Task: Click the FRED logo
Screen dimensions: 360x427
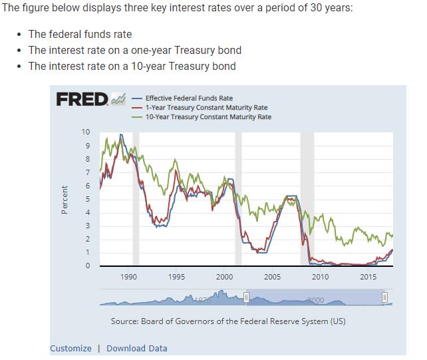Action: pyautogui.click(x=82, y=100)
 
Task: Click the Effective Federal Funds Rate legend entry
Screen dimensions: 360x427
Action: pyautogui.click(x=189, y=98)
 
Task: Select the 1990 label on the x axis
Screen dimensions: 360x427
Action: pyautogui.click(x=129, y=277)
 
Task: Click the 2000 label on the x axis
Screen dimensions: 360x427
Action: pyautogui.click(x=225, y=277)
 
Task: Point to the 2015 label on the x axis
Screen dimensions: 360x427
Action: pyautogui.click(x=368, y=277)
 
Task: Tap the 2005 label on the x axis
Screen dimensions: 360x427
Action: pyautogui.click(x=273, y=277)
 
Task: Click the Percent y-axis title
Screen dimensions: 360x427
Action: pyautogui.click(x=65, y=200)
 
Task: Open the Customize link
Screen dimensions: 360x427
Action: pyautogui.click(x=71, y=348)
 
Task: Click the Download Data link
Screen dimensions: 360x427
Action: pyautogui.click(x=137, y=348)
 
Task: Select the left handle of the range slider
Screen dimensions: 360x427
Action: pyautogui.click(x=245, y=297)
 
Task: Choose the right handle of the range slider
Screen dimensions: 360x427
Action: pyautogui.click(x=384, y=297)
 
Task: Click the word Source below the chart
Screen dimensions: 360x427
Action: pyautogui.click(x=124, y=321)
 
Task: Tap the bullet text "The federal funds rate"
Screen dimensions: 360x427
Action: pyautogui.click(x=80, y=34)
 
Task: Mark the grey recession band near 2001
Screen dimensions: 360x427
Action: pyautogui.click(x=238, y=200)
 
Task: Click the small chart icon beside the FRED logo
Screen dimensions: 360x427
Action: pyautogui.click(x=118, y=99)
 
